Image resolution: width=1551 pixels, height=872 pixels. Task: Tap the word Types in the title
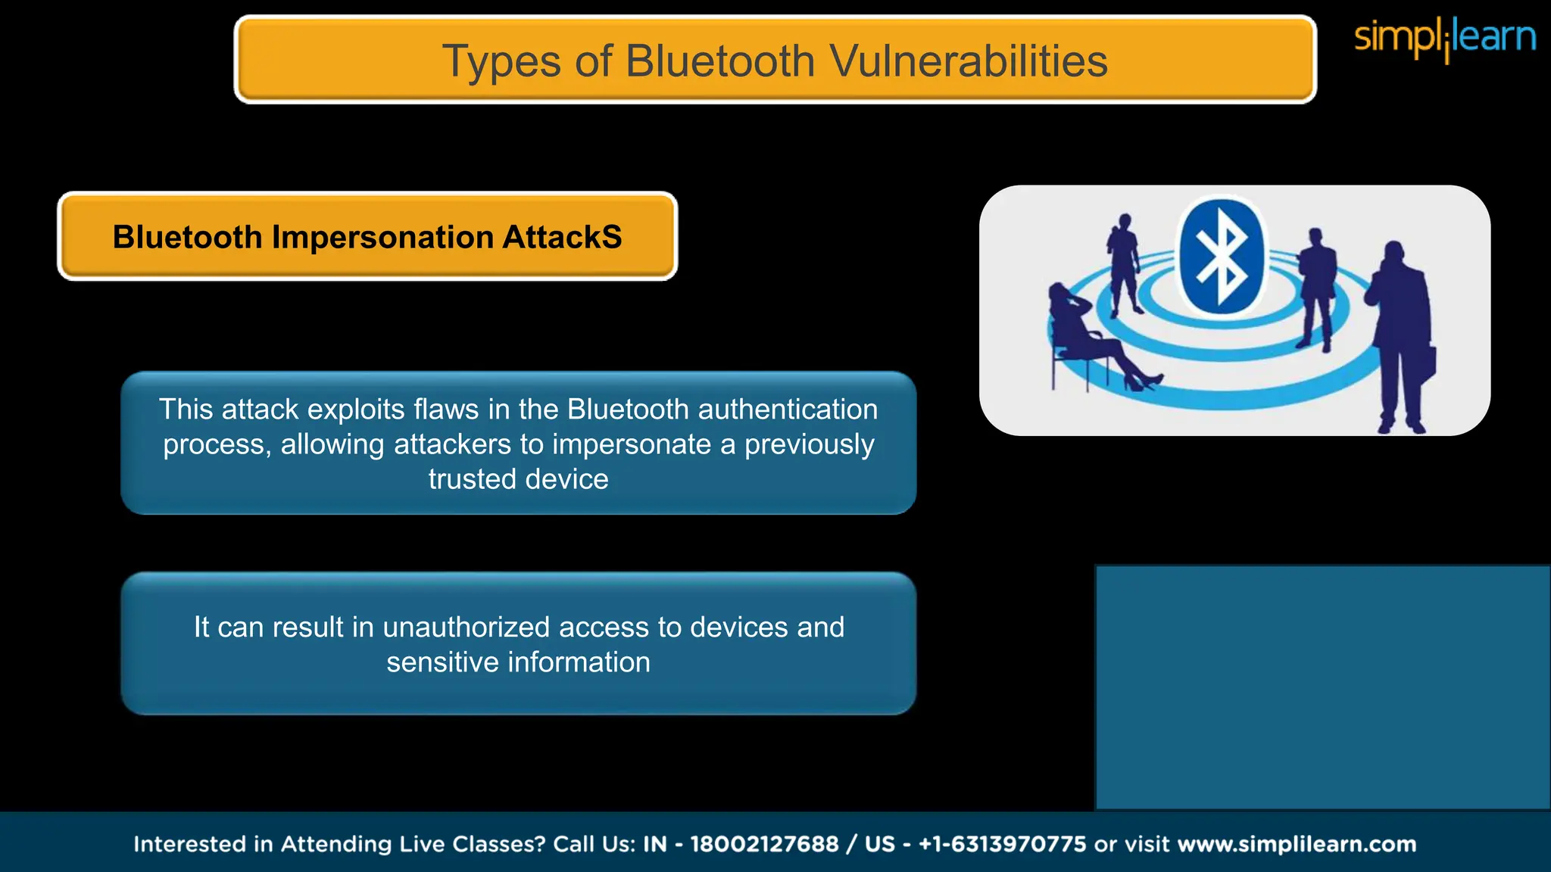pos(501,62)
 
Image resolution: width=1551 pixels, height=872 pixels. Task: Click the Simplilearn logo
pos(1444,38)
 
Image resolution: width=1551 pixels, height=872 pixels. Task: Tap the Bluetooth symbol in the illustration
pos(1221,257)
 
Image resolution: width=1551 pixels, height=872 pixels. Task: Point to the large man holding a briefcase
pos(1398,333)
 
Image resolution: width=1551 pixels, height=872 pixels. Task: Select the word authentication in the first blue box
pos(788,410)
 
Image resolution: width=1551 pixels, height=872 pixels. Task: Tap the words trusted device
pos(518,479)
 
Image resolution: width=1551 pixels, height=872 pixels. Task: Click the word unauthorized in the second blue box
pos(466,628)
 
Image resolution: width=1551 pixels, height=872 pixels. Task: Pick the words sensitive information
pos(518,662)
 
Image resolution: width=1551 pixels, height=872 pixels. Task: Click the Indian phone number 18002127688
pos(764,844)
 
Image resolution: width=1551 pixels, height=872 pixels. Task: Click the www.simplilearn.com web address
pos(1297,844)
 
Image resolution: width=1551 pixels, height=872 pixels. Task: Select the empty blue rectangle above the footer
pos(1322,687)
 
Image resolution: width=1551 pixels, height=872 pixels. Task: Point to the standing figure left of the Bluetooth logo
pos(1123,265)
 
